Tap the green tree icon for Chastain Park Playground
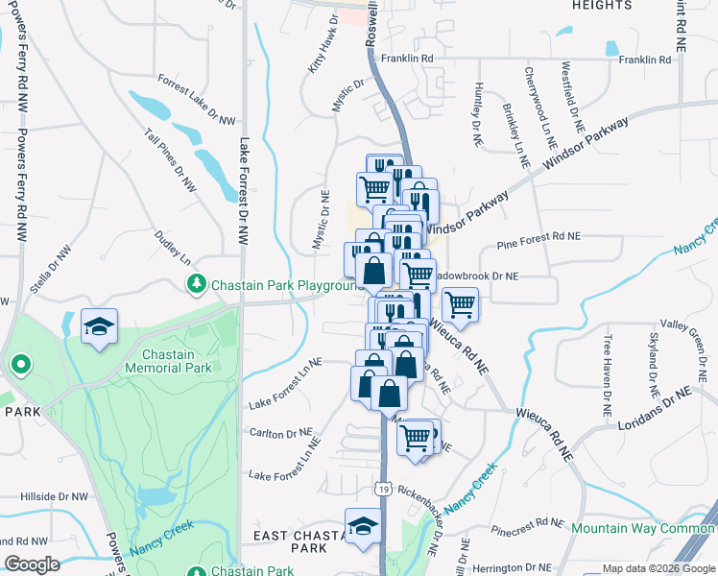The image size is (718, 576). (x=197, y=284)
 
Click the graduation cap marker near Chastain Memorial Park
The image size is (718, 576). (x=99, y=326)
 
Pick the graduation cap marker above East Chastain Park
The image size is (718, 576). (x=363, y=527)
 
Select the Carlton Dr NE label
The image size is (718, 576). (x=280, y=433)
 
